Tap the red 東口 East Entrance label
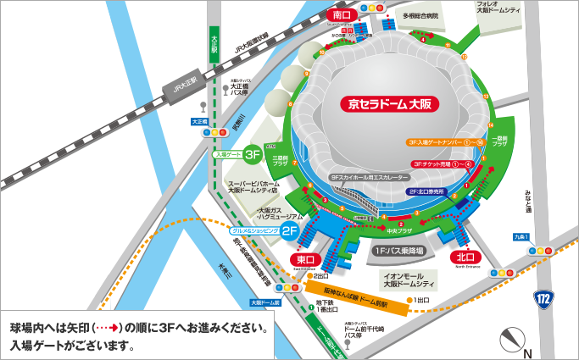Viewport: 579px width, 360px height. click(305, 258)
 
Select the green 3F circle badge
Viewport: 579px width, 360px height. click(253, 155)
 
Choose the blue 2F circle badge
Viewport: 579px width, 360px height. click(289, 230)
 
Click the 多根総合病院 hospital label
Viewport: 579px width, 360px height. click(421, 15)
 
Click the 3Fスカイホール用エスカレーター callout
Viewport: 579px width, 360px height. click(370, 178)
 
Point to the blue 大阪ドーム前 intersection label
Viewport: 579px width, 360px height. click(265, 302)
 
